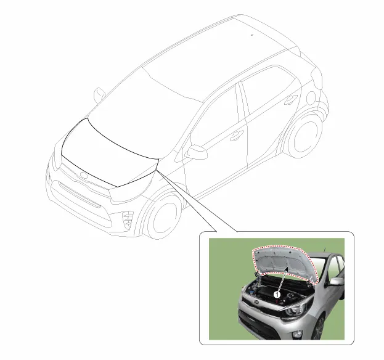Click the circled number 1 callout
point(277,295)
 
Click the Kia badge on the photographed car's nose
point(256,302)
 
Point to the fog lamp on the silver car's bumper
point(298,334)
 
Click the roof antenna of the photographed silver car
point(325,250)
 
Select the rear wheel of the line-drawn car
point(304,135)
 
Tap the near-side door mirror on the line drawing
point(196,152)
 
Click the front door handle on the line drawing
point(237,136)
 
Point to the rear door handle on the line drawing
point(291,99)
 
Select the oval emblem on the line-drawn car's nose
point(84,175)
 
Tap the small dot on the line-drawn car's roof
point(251,35)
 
